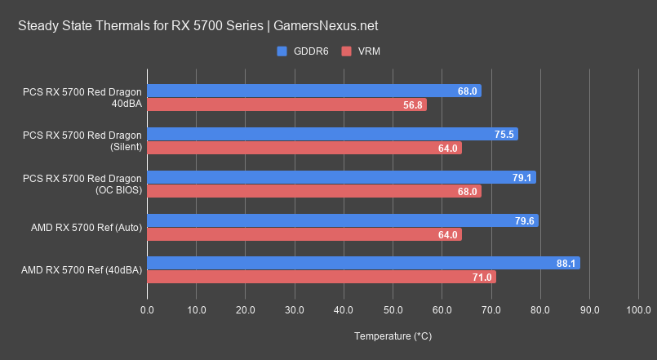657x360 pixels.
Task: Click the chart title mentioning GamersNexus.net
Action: (198, 26)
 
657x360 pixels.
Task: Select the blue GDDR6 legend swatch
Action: (282, 51)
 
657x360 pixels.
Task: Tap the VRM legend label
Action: (368, 51)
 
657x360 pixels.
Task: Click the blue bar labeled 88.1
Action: (363, 263)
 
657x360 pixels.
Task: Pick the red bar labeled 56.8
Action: (286, 105)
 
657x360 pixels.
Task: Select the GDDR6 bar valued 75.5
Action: (332, 134)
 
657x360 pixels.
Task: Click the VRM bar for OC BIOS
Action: (314, 191)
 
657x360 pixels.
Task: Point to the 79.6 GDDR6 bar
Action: (343, 220)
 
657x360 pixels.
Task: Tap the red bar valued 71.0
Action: (322, 277)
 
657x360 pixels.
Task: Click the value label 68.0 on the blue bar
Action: (468, 91)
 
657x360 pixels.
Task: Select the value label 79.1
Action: (522, 177)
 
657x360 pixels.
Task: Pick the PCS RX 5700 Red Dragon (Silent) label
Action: (82, 140)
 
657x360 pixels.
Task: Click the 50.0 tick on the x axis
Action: (393, 310)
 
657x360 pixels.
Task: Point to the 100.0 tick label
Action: (638, 310)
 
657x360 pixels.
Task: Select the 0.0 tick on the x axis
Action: (148, 310)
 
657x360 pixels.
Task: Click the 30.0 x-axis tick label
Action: (295, 310)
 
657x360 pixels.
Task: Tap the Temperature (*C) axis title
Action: (393, 336)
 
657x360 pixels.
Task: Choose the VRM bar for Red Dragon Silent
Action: (304, 148)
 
